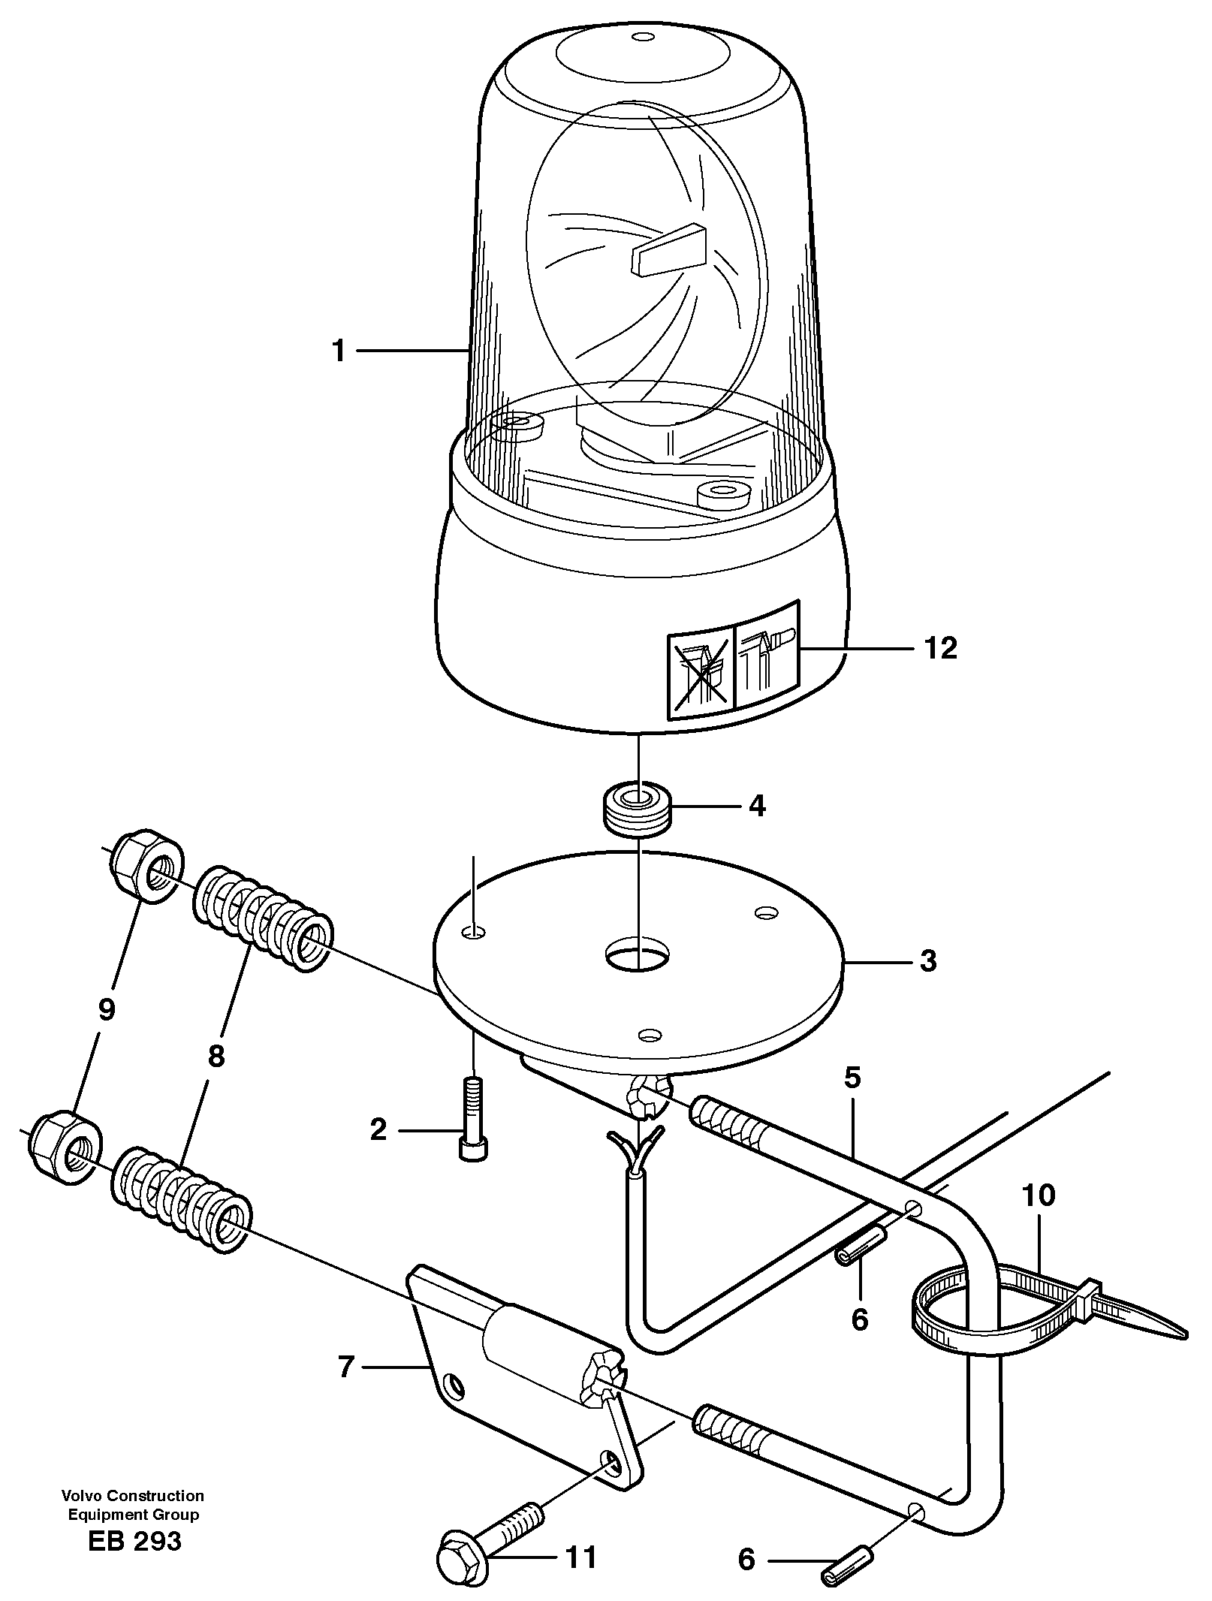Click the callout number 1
pos(339,351)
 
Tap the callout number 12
pos(940,647)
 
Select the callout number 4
pos(756,807)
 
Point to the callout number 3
pos(928,960)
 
